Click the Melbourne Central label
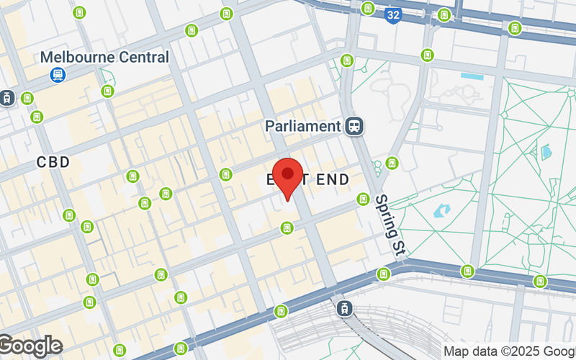[104, 57]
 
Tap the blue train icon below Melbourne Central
[56, 74]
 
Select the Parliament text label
[302, 126]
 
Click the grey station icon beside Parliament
[354, 126]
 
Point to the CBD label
[54, 163]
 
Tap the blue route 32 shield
[392, 13]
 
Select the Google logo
[30, 346]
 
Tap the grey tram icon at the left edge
[8, 97]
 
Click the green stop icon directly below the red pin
[287, 228]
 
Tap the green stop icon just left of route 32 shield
[369, 9]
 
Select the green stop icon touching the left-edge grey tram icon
[27, 98]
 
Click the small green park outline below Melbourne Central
[108, 78]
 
